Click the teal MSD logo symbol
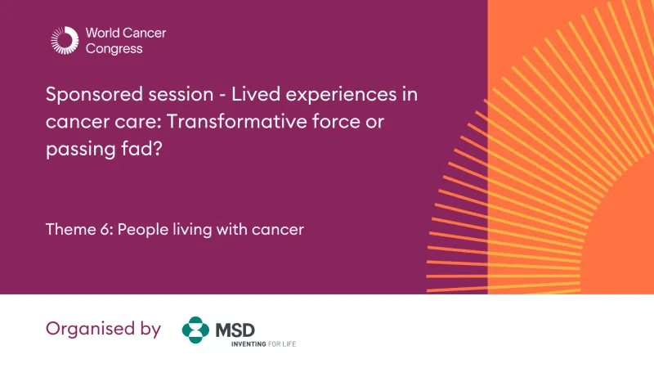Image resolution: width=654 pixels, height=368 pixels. [195, 330]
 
